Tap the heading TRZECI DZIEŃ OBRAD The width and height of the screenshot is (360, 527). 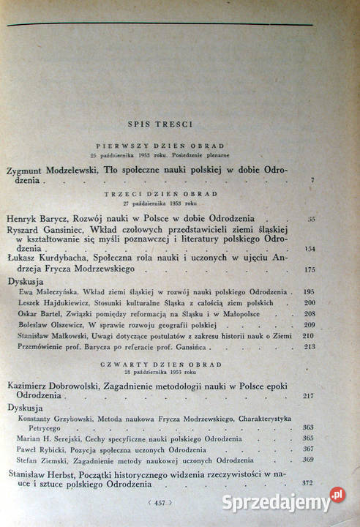point(161,193)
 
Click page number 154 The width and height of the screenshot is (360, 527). point(310,249)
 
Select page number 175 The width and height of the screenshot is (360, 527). point(310,269)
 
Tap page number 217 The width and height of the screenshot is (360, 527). point(308,396)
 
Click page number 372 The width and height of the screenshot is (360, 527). point(308,483)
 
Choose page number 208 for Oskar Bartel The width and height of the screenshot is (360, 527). point(309,313)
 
